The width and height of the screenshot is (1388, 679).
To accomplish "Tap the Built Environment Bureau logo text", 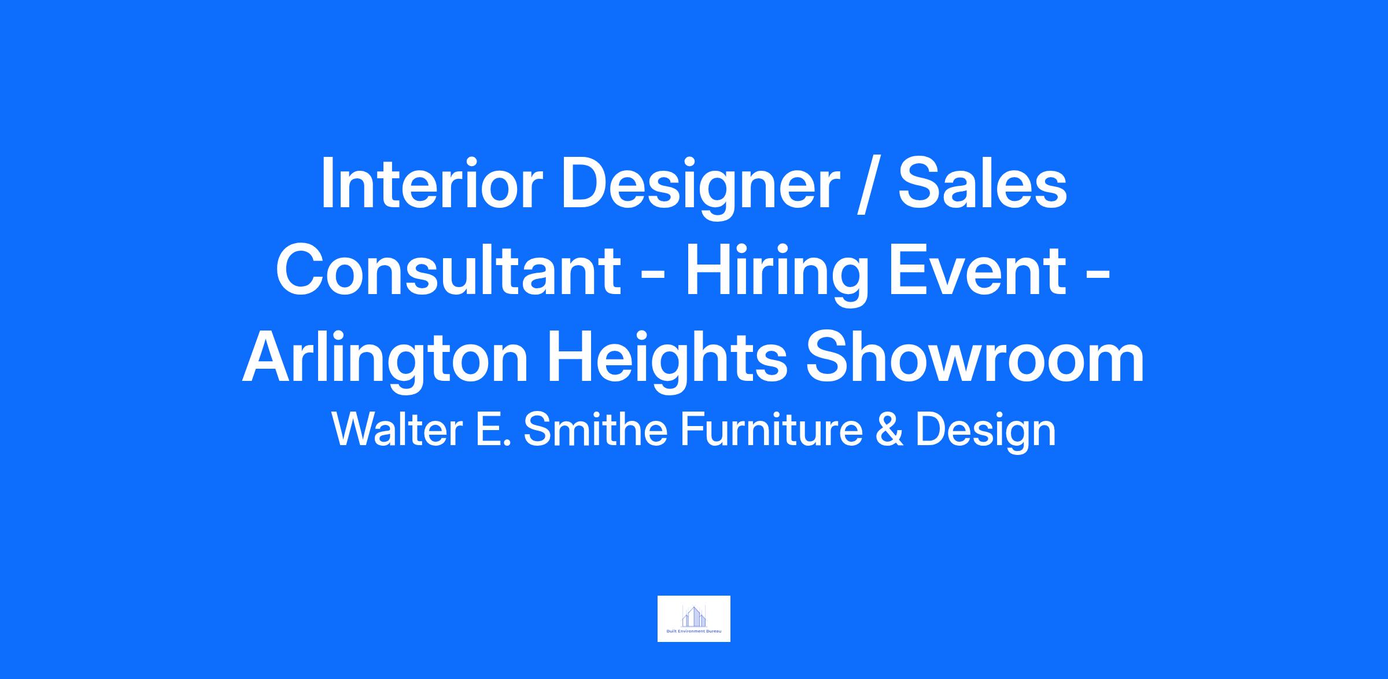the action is pyautogui.click(x=694, y=631).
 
